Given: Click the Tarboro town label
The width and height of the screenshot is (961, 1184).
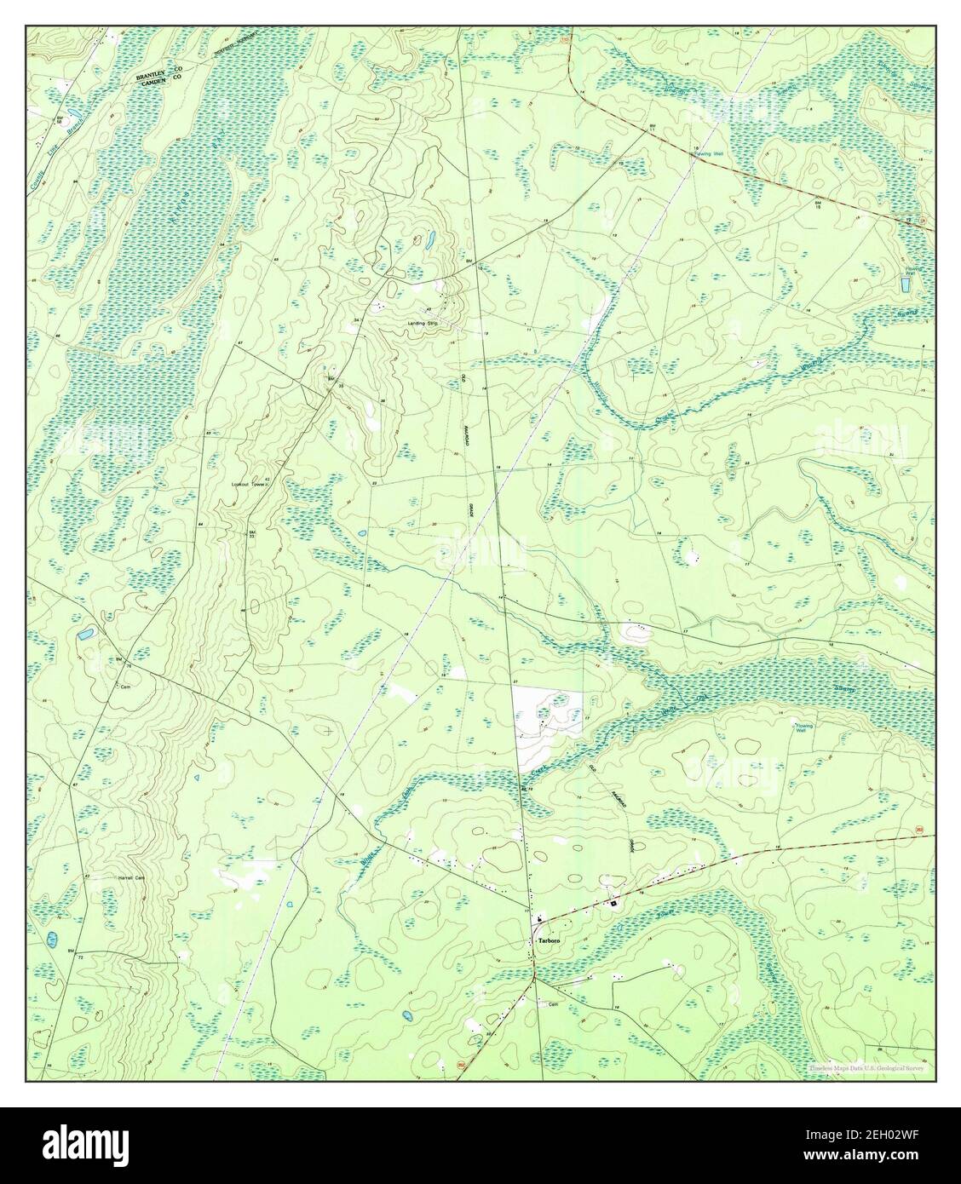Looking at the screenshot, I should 547,940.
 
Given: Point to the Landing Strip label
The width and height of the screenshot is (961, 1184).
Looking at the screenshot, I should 423,323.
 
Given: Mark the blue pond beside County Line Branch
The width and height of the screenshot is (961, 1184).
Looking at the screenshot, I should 74,112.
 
